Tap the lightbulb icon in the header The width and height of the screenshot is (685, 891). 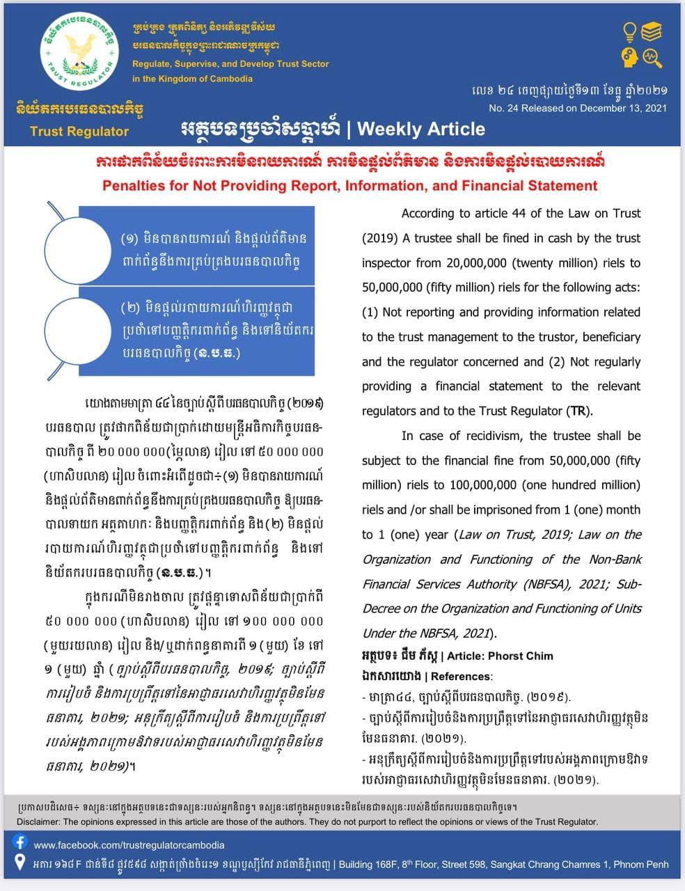coord(629,32)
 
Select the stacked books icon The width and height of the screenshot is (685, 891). coord(652,31)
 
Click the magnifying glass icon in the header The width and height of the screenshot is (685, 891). coord(652,56)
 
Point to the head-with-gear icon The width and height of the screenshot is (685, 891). coord(629,56)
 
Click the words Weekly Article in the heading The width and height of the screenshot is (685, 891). coord(420,129)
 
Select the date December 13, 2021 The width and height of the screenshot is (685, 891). coord(617,108)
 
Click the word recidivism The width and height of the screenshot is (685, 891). coord(489,436)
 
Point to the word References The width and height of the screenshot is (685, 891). coord(462,677)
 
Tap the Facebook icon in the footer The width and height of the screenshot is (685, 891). coord(20,843)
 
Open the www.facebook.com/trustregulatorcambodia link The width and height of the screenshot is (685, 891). coord(129,845)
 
